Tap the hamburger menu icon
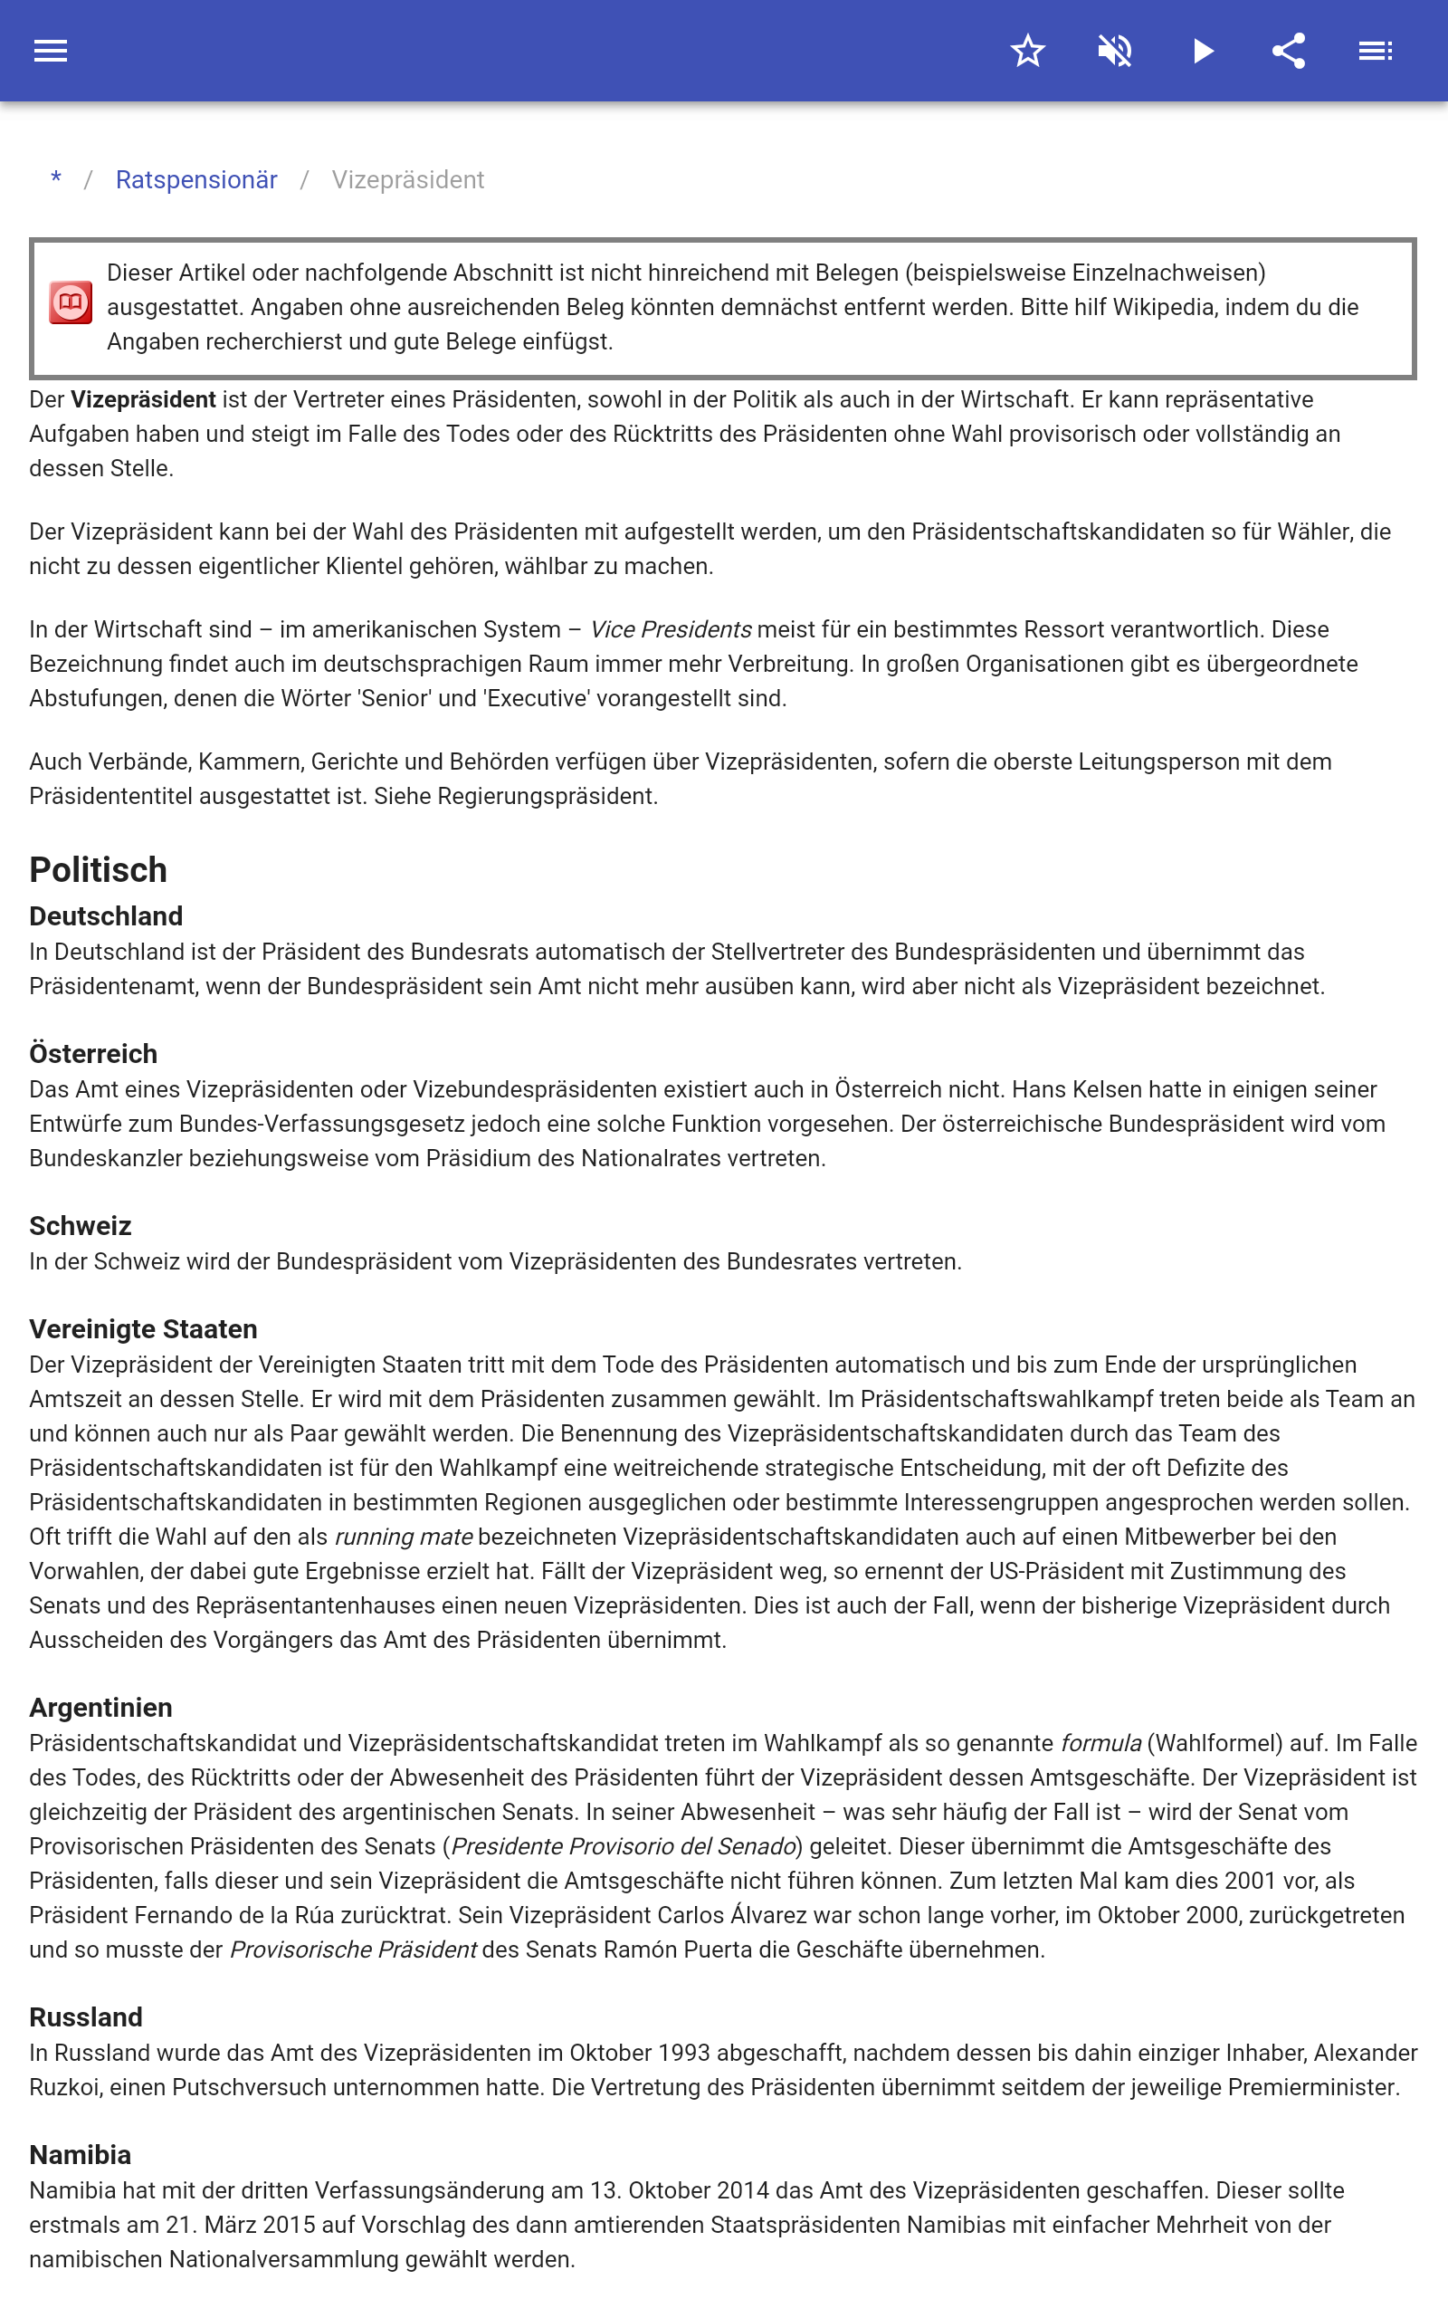[x=51, y=51]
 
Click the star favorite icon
[x=1027, y=51]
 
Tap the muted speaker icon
[x=1115, y=51]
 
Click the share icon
[x=1289, y=51]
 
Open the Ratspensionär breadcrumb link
[x=196, y=180]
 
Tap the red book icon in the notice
[x=71, y=302]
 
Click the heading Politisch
[x=99, y=870]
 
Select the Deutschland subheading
[x=106, y=915]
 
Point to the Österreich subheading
[x=94, y=1054]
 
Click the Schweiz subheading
[x=81, y=1226]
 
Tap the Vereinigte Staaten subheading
[x=144, y=1329]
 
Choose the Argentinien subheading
[x=101, y=1708]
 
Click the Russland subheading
[x=86, y=2017]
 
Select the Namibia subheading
[x=81, y=2155]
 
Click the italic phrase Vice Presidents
[x=671, y=630]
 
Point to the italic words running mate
[x=404, y=1537]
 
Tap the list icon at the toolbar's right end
[x=1377, y=51]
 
